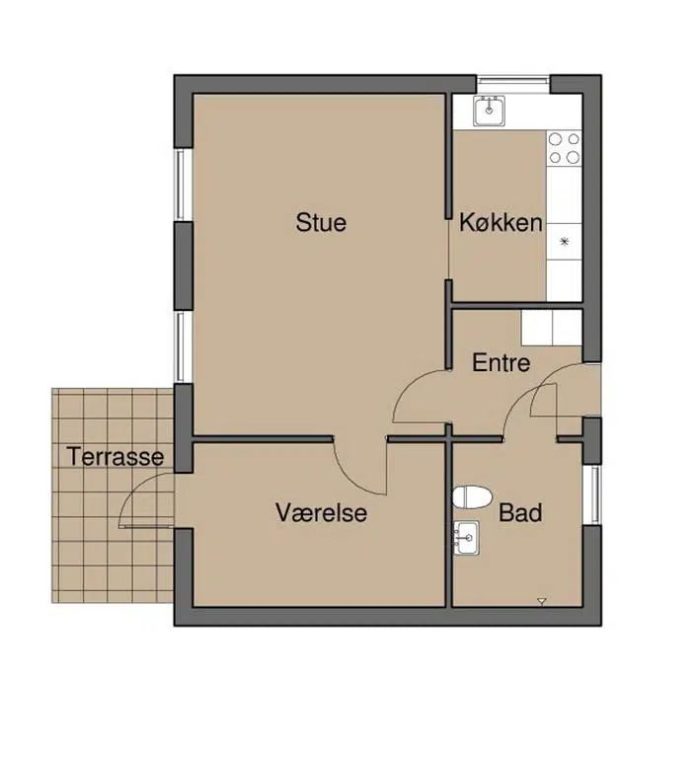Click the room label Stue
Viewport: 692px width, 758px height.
321,222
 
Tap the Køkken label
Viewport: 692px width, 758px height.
500,222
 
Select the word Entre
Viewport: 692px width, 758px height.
501,362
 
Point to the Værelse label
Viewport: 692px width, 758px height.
321,512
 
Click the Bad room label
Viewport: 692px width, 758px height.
520,512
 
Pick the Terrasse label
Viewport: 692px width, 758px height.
115,456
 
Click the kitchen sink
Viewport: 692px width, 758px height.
489,111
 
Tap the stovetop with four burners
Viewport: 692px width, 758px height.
564,148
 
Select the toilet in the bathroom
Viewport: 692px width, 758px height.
472,497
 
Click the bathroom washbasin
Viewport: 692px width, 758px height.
466,538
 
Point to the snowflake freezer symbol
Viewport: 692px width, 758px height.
564,242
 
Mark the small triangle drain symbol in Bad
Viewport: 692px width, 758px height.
542,601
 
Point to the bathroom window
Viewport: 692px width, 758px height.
592,494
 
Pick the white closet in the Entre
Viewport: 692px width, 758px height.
551,328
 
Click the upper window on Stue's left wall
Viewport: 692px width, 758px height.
183,185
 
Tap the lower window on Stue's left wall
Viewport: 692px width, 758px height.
183,346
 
